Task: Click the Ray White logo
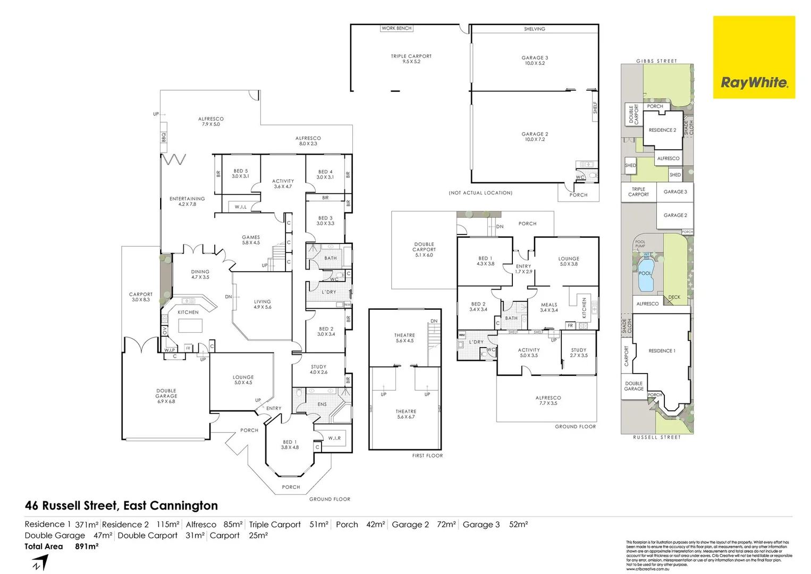point(754,82)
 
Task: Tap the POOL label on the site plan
point(645,273)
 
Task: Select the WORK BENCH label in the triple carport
point(396,28)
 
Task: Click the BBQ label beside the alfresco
point(164,138)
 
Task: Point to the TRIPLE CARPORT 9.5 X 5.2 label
point(411,58)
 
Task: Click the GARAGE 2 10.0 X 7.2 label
point(535,137)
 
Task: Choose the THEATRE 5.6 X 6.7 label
point(406,414)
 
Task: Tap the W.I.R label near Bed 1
point(334,438)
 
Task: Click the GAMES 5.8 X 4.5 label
point(251,240)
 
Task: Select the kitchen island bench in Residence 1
point(190,325)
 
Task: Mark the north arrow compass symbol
point(40,562)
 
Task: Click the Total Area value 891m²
point(87,546)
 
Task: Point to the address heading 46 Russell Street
point(121,505)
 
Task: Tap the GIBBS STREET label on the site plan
point(656,61)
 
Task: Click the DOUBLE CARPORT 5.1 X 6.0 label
point(424,249)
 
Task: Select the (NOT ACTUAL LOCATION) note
point(480,193)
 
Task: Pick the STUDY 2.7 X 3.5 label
point(579,353)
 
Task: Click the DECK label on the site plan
point(674,297)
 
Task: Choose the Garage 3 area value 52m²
point(518,525)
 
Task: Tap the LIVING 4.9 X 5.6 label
point(263,304)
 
